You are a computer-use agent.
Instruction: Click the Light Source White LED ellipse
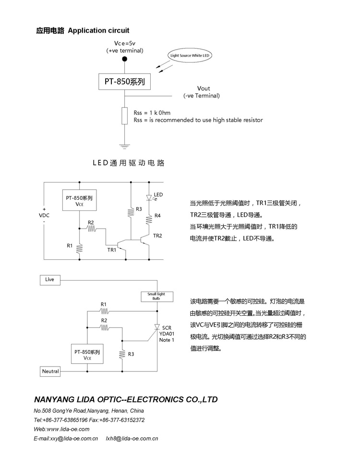click(191, 56)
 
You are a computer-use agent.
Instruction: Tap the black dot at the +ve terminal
click(125, 59)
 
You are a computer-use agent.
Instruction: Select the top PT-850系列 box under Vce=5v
click(125, 82)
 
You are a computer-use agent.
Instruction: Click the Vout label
click(204, 88)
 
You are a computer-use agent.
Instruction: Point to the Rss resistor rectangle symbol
click(125, 116)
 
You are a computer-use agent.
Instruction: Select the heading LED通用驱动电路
click(129, 163)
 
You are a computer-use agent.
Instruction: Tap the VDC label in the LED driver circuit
click(44, 215)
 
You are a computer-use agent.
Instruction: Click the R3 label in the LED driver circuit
click(139, 209)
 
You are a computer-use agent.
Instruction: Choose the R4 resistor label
click(157, 216)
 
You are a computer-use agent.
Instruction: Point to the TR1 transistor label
click(111, 250)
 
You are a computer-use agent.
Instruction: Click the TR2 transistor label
click(157, 235)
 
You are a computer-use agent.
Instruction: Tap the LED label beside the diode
click(158, 195)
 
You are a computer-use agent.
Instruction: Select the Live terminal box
click(50, 279)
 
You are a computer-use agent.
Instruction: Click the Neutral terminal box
click(50, 371)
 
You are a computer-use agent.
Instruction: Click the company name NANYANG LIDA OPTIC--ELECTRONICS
click(126, 399)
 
